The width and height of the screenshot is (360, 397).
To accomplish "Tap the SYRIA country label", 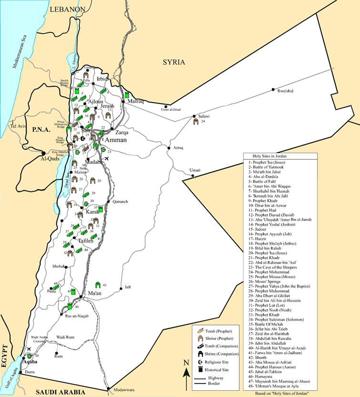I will pos(174,62).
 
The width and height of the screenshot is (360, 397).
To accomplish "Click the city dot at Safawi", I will pos(194,116).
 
